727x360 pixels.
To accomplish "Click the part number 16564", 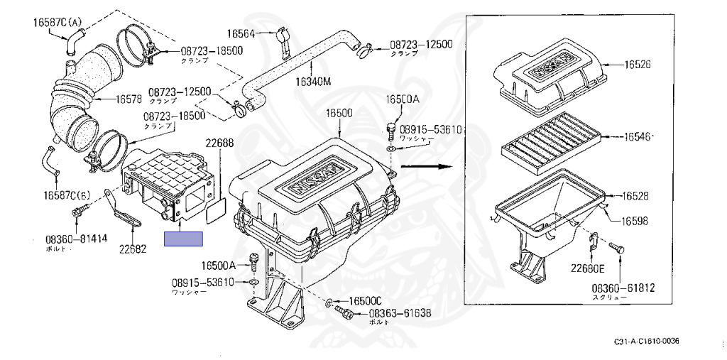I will (x=240, y=33).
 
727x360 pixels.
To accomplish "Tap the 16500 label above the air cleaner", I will (x=339, y=114).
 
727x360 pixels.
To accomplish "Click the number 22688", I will (x=219, y=143).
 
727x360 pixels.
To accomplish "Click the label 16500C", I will (x=365, y=300).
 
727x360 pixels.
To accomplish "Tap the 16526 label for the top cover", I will (x=638, y=65).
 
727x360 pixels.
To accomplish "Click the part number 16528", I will (x=638, y=195).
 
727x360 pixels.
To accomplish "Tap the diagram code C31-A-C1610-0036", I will (x=646, y=342).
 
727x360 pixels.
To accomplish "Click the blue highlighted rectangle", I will (x=183, y=239).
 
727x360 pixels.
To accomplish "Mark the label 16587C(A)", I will (x=58, y=22).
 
